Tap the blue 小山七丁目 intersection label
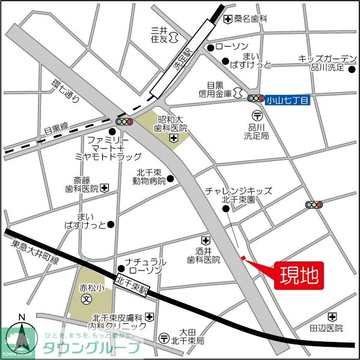point(290,99)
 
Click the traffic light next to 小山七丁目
point(256,99)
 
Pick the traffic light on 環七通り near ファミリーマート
point(124,121)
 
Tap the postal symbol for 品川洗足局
point(257,114)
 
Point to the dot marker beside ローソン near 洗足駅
point(210,46)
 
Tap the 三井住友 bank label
point(159,34)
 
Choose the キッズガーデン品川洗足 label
point(328,63)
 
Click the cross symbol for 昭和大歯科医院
point(173,139)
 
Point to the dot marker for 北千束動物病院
point(170,178)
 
